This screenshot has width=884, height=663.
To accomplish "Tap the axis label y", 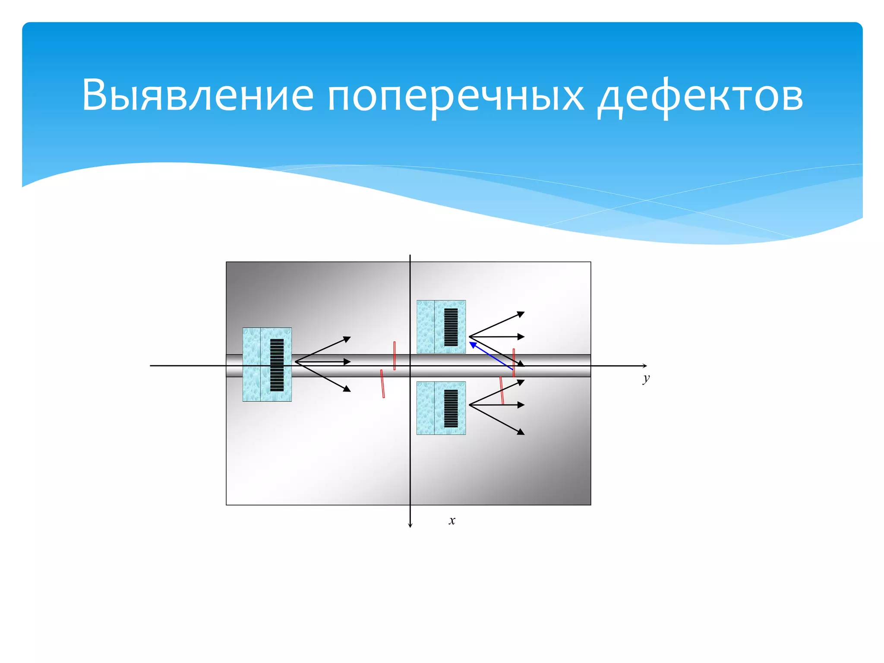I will coord(646,379).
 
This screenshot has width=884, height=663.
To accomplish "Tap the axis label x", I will coord(452,521).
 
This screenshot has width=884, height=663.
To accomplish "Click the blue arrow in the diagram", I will coord(491,356).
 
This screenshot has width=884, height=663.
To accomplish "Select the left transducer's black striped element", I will coord(277,365).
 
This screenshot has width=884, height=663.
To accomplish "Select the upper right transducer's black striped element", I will coord(451,327).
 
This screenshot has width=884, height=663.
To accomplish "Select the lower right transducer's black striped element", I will coord(451,408).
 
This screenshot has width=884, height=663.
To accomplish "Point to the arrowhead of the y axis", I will coord(645,366).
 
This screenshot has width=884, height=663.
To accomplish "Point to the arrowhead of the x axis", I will coord(410,525).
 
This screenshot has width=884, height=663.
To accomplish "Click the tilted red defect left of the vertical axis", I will coord(382,383).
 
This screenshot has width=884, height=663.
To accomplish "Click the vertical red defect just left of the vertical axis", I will coord(395,356).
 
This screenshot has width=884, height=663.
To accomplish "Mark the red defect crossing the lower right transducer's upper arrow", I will coord(502,391).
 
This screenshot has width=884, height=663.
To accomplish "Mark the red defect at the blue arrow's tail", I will coord(514,363).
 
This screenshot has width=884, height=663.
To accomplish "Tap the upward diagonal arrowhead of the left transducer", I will coord(347,339).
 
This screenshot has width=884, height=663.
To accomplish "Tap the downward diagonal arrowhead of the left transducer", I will coord(347,389).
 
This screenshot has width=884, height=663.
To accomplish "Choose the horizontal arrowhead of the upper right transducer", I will coord(521,337).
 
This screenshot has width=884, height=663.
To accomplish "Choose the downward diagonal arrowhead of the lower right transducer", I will coord(521,432).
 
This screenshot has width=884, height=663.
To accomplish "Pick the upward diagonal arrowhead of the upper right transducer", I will coord(521,314).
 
